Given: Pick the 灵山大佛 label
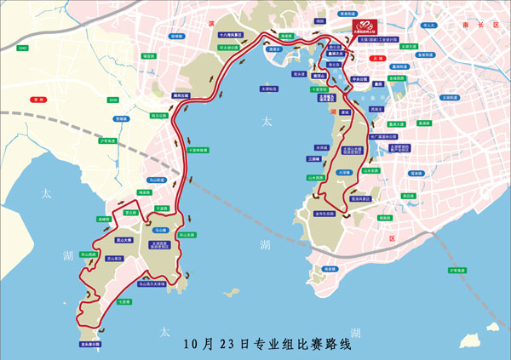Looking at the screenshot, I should click(x=110, y=240).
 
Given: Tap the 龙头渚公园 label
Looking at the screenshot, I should click(x=91, y=344).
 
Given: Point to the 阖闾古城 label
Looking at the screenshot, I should click(x=181, y=95).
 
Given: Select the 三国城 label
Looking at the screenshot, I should click(x=313, y=157).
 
